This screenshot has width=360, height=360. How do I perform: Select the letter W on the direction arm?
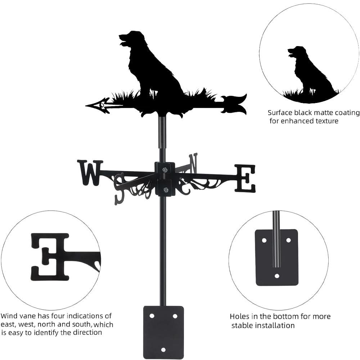tap(90, 172)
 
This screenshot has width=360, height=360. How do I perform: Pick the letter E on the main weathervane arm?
tap(245, 178)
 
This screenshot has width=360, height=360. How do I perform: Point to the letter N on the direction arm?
tap(193, 163)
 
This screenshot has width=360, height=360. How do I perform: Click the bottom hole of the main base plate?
tap(163, 349)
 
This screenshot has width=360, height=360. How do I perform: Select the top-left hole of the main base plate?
tap(152, 316)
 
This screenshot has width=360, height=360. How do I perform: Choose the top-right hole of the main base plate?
tap(175, 316)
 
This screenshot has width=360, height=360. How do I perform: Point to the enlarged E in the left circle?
tap(50, 256)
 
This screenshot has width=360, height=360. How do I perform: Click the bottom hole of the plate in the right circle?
tap(276, 276)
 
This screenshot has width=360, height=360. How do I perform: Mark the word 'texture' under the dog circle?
tap(325, 121)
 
